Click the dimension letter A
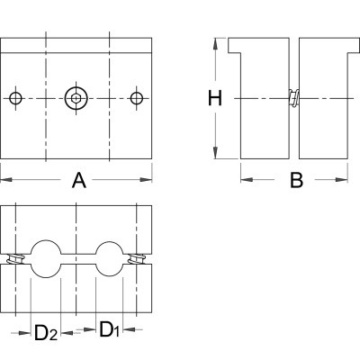click(79, 180)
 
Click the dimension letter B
click(296, 180)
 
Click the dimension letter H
click(215, 99)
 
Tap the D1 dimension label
click(110, 329)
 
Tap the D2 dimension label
click(46, 332)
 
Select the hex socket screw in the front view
click(76, 98)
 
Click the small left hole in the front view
click(15, 98)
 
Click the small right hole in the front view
click(137, 98)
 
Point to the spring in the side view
click(294, 98)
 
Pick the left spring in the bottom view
click(15, 259)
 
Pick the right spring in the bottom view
click(137, 259)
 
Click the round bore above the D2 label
click(46, 258)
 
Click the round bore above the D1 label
click(110, 258)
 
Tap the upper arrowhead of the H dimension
click(215, 44)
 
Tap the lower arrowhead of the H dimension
click(215, 152)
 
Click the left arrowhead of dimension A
click(6, 180)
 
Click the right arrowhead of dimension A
click(146, 180)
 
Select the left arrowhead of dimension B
click(247, 180)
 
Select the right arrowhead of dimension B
click(342, 180)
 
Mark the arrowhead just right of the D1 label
click(129, 329)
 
